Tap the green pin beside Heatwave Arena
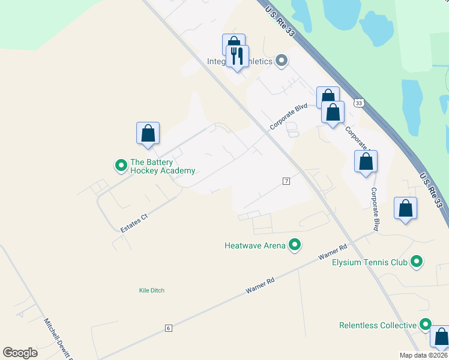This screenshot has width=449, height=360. click(x=295, y=244)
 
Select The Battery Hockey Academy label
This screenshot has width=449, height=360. click(x=163, y=166)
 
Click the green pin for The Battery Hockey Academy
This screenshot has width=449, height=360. click(x=121, y=164)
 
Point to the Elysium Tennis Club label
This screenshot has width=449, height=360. click(x=370, y=262)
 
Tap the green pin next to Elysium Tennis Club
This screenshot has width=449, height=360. click(x=416, y=262)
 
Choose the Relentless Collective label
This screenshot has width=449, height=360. click(x=378, y=325)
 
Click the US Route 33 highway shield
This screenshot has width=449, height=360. click(x=359, y=103)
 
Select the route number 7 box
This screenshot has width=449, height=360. click(x=286, y=181)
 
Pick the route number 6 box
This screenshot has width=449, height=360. click(x=169, y=328)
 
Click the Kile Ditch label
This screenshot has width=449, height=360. click(x=151, y=290)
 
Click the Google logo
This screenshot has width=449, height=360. click(x=20, y=353)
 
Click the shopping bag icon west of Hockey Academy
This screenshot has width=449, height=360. click(x=148, y=133)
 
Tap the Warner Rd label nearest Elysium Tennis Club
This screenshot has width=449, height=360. click(x=334, y=252)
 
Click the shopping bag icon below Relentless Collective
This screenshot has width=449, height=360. click(x=441, y=338)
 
